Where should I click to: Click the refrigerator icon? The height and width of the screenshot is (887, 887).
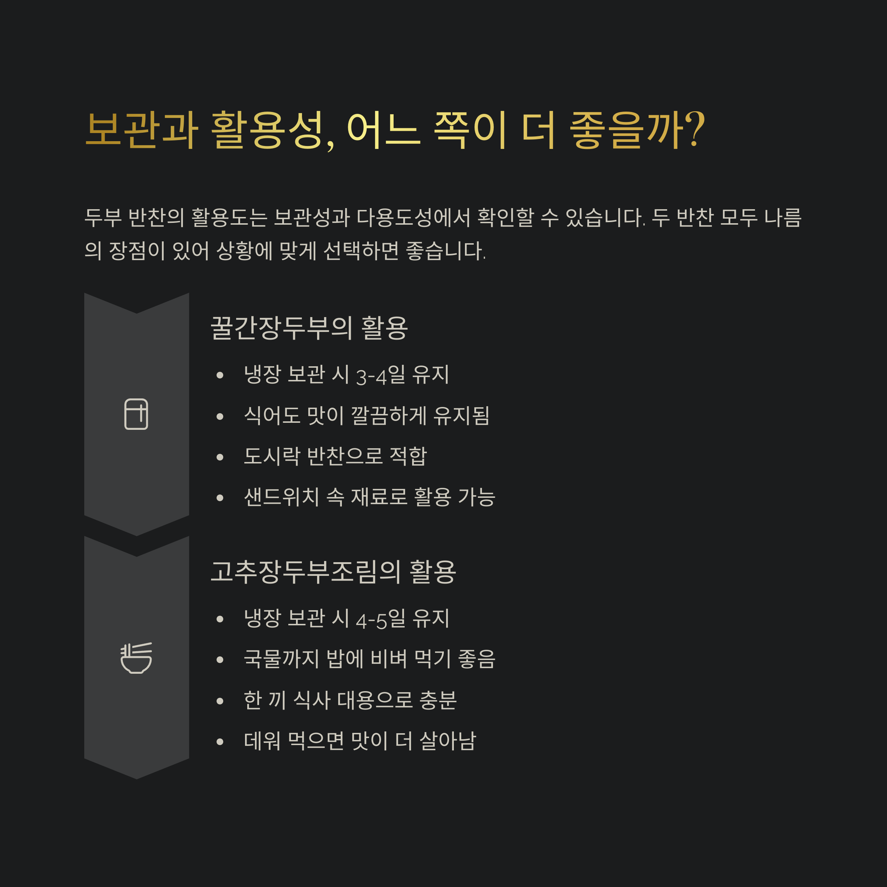pos(136,414)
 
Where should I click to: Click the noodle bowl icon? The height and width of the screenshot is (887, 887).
pos(136,658)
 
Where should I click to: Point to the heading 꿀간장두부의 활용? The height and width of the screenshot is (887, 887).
pos(309,328)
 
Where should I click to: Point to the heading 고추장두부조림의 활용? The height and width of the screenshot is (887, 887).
pos(333,572)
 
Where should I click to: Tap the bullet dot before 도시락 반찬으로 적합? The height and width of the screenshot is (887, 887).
pos(220,457)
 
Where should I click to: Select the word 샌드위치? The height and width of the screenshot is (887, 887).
pos(281,497)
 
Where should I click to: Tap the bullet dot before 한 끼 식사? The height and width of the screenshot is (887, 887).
pos(220,701)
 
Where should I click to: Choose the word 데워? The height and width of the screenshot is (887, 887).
pos(262,741)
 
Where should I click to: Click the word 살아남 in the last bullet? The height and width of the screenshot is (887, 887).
pos(448,741)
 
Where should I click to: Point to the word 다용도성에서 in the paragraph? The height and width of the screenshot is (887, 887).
pos(414,218)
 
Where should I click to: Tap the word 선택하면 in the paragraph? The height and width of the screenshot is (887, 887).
pos(361,251)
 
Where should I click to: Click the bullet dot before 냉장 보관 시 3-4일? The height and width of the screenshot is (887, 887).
pos(220,375)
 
